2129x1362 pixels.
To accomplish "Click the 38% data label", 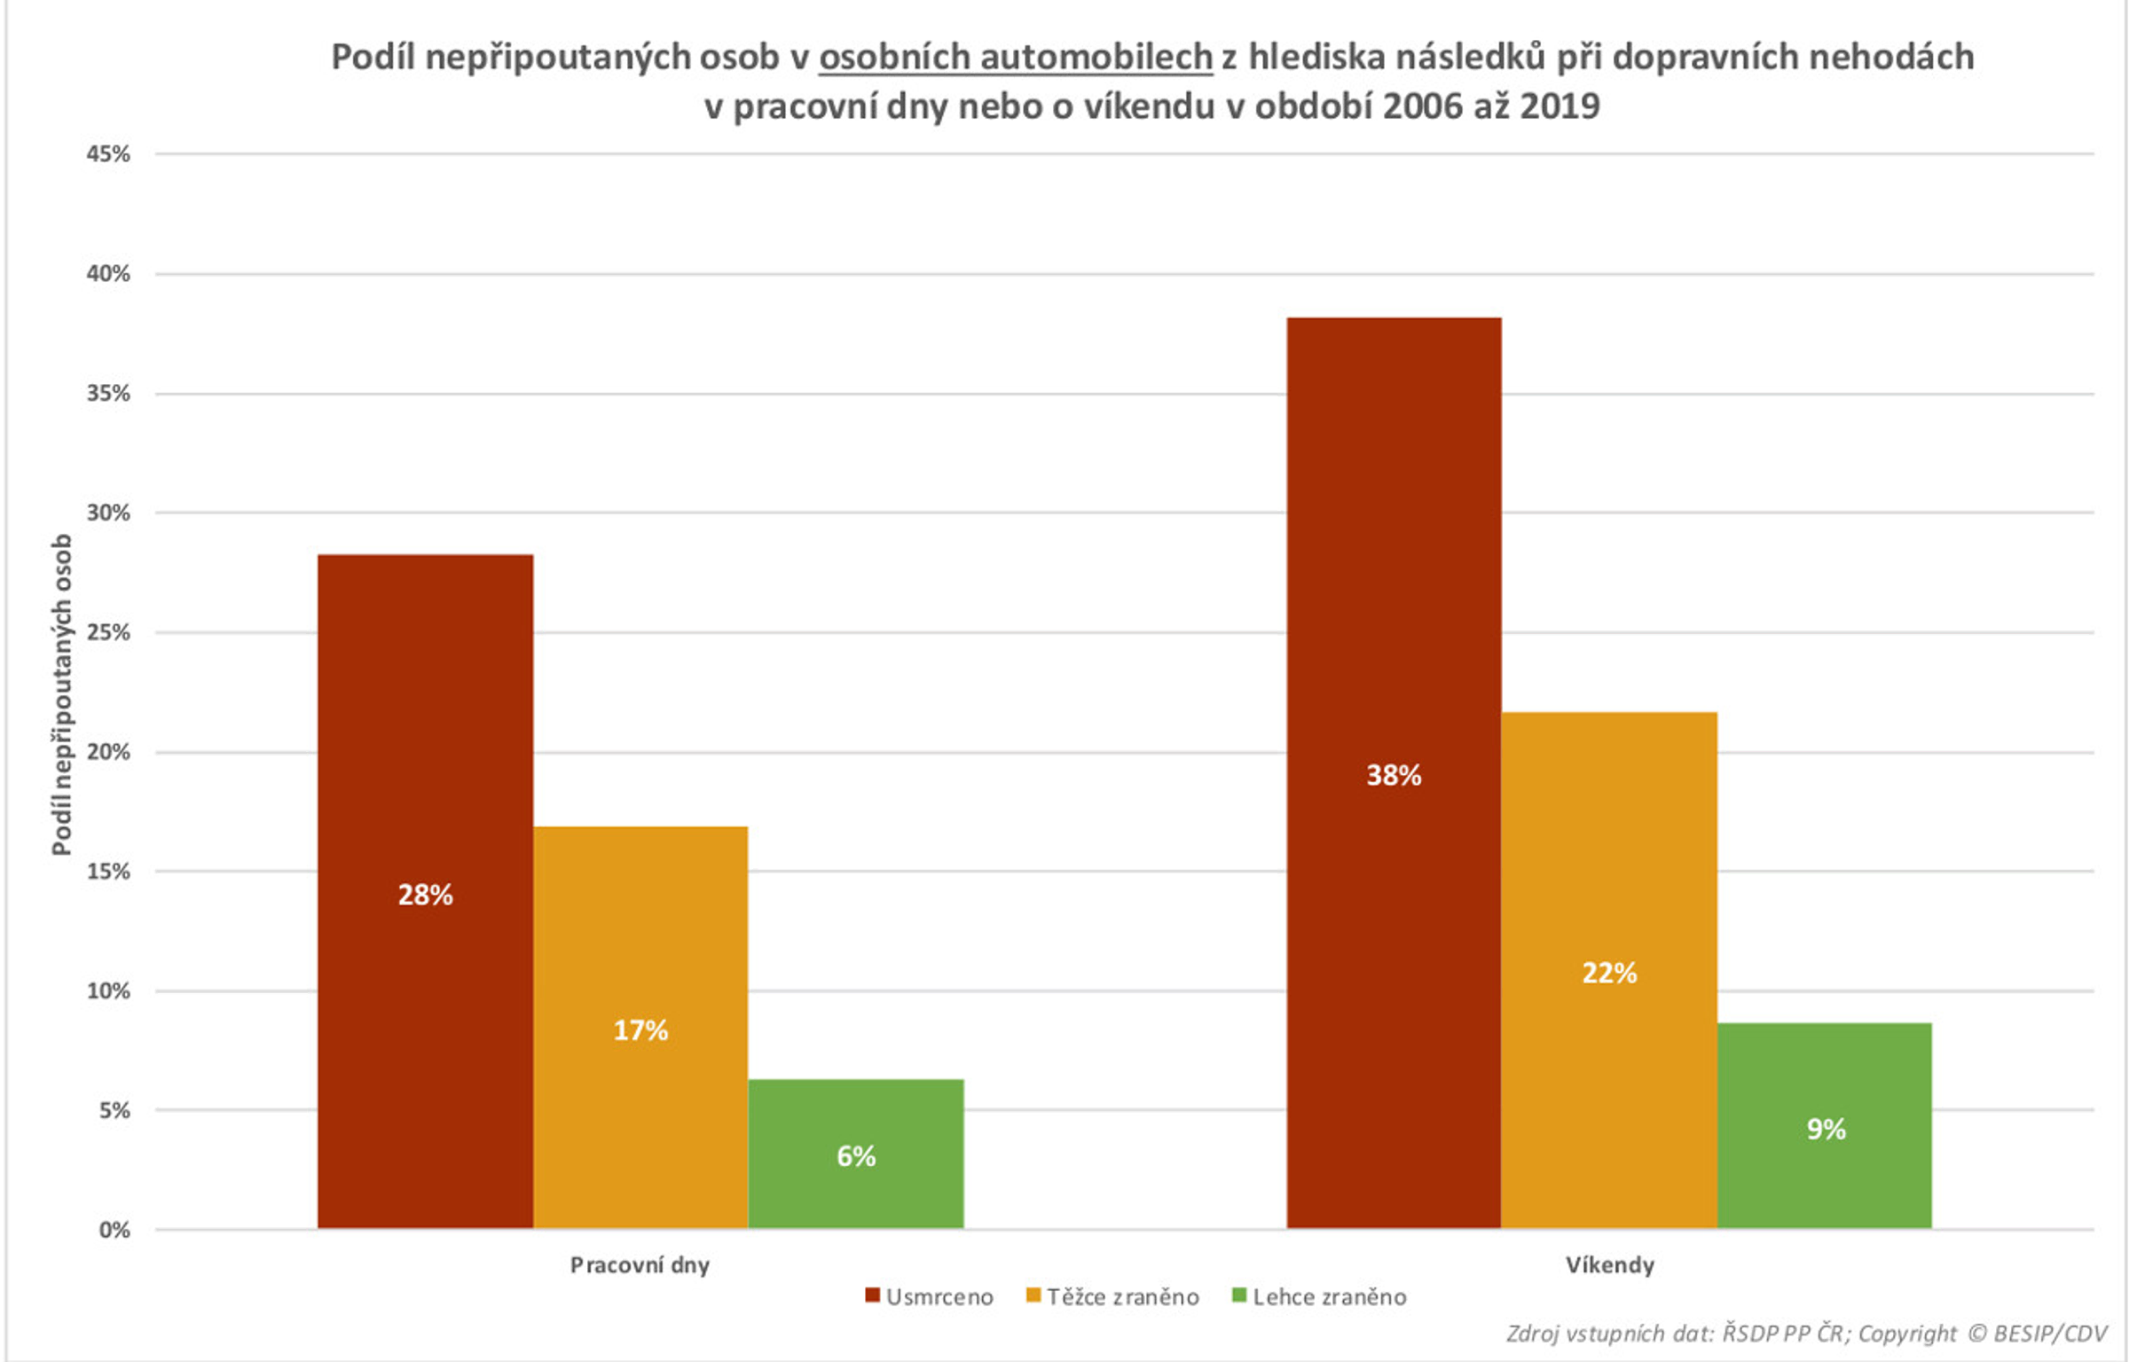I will (1393, 776).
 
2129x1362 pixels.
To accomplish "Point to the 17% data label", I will (640, 1030).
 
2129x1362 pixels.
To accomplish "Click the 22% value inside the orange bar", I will (1608, 973).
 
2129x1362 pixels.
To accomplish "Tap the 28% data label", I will (425, 895).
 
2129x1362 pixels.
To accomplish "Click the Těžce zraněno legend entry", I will (1112, 1297).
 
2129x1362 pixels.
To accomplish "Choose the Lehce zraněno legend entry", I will (1319, 1297).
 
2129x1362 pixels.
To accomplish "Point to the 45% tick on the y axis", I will (108, 154).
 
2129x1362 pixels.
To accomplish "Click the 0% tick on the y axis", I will (114, 1230).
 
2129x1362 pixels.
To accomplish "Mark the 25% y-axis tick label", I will (108, 632).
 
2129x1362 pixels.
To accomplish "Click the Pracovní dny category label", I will (640, 1264).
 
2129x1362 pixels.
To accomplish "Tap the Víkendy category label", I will (1609, 1264).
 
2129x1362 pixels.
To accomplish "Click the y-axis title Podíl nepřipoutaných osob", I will (61, 693).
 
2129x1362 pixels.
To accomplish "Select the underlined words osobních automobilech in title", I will (1015, 57).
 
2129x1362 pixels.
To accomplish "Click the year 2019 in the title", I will (1559, 106).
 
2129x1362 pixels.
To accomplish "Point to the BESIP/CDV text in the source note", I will (2050, 1334).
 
